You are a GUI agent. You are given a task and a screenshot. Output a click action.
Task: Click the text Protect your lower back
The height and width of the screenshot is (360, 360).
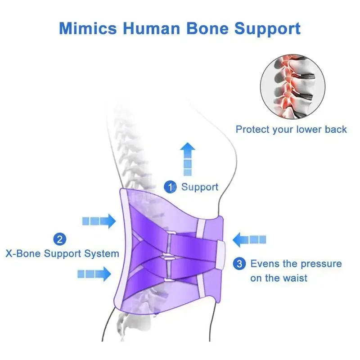[291, 130]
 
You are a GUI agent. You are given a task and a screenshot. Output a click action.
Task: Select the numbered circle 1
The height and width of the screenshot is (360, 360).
[170, 186]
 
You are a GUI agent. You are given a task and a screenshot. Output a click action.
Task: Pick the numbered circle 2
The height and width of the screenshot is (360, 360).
[60, 239]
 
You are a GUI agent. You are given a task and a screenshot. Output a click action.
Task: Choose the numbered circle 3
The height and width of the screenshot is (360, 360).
[241, 264]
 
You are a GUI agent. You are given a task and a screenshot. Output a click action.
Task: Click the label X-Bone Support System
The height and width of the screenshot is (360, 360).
[62, 253]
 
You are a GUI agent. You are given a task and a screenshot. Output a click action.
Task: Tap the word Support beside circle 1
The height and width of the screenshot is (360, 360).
[200, 187]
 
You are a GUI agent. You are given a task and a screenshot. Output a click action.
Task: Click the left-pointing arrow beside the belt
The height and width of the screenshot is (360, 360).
[249, 239]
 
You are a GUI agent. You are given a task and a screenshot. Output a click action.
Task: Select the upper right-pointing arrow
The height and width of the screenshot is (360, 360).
[99, 221]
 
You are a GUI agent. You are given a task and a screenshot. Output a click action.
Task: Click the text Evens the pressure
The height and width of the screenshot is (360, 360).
[296, 264]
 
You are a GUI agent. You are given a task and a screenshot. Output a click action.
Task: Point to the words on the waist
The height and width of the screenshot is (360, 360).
[279, 278]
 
